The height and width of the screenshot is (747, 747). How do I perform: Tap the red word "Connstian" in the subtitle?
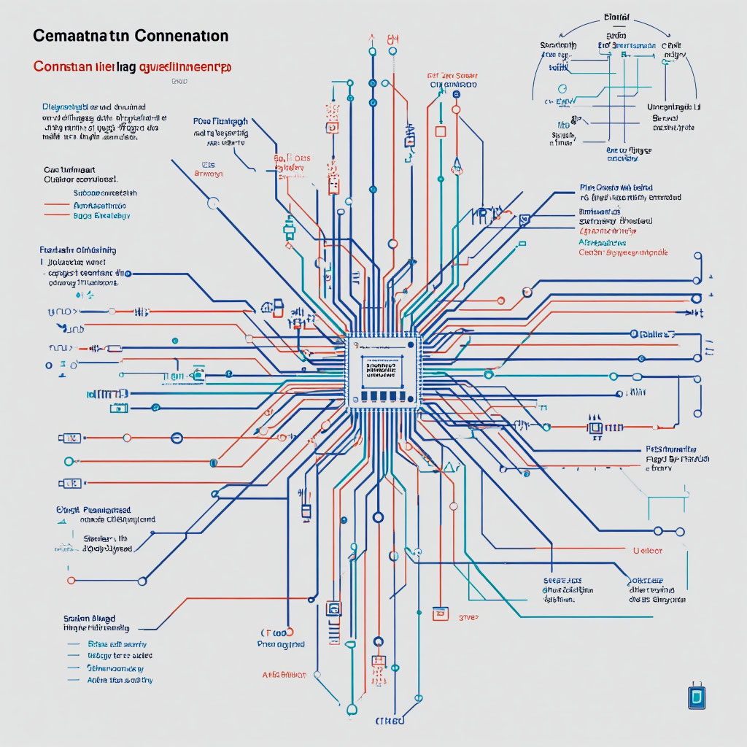[59, 66]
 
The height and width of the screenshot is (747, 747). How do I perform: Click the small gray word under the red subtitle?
[179, 82]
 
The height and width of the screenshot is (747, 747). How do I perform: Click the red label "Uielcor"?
[648, 551]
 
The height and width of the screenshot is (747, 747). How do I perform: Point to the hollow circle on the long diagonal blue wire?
[213, 204]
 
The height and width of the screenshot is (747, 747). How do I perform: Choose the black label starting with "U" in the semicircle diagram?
[673, 107]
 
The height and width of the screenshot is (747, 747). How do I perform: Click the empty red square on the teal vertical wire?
[440, 132]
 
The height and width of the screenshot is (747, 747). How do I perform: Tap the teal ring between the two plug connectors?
[69, 461]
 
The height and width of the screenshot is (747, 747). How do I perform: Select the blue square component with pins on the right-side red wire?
[596, 427]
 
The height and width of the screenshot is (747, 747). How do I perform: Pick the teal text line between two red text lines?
[100, 206]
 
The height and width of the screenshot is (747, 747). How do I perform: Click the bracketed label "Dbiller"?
[653, 334]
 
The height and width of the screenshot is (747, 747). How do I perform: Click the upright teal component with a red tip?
[290, 228]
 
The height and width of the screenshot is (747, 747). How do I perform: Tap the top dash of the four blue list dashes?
[73, 645]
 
